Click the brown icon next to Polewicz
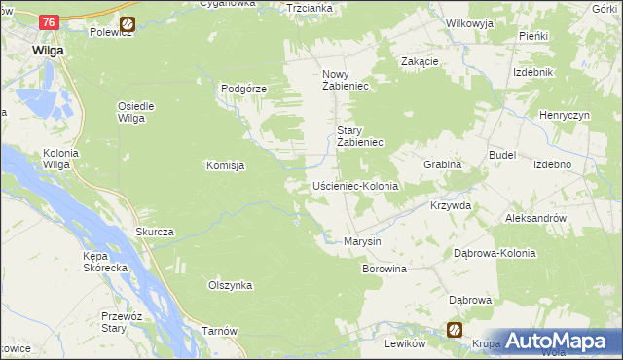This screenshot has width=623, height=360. (127, 23)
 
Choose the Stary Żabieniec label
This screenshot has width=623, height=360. (361, 136)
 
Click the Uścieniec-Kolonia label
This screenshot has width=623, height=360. (355, 185)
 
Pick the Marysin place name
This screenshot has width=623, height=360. (362, 240)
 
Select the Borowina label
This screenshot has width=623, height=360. (384, 267)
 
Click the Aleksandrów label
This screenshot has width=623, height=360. (535, 219)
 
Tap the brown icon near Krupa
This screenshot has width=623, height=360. (454, 330)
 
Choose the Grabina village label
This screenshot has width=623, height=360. (441, 164)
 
